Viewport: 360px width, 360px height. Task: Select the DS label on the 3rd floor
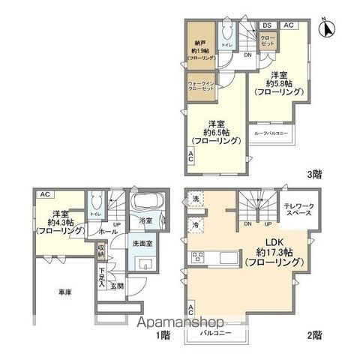coord(266,25)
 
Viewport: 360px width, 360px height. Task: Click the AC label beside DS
coord(288,25)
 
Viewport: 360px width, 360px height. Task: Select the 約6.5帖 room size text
coord(214,132)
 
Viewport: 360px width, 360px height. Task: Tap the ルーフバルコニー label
coord(271,133)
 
